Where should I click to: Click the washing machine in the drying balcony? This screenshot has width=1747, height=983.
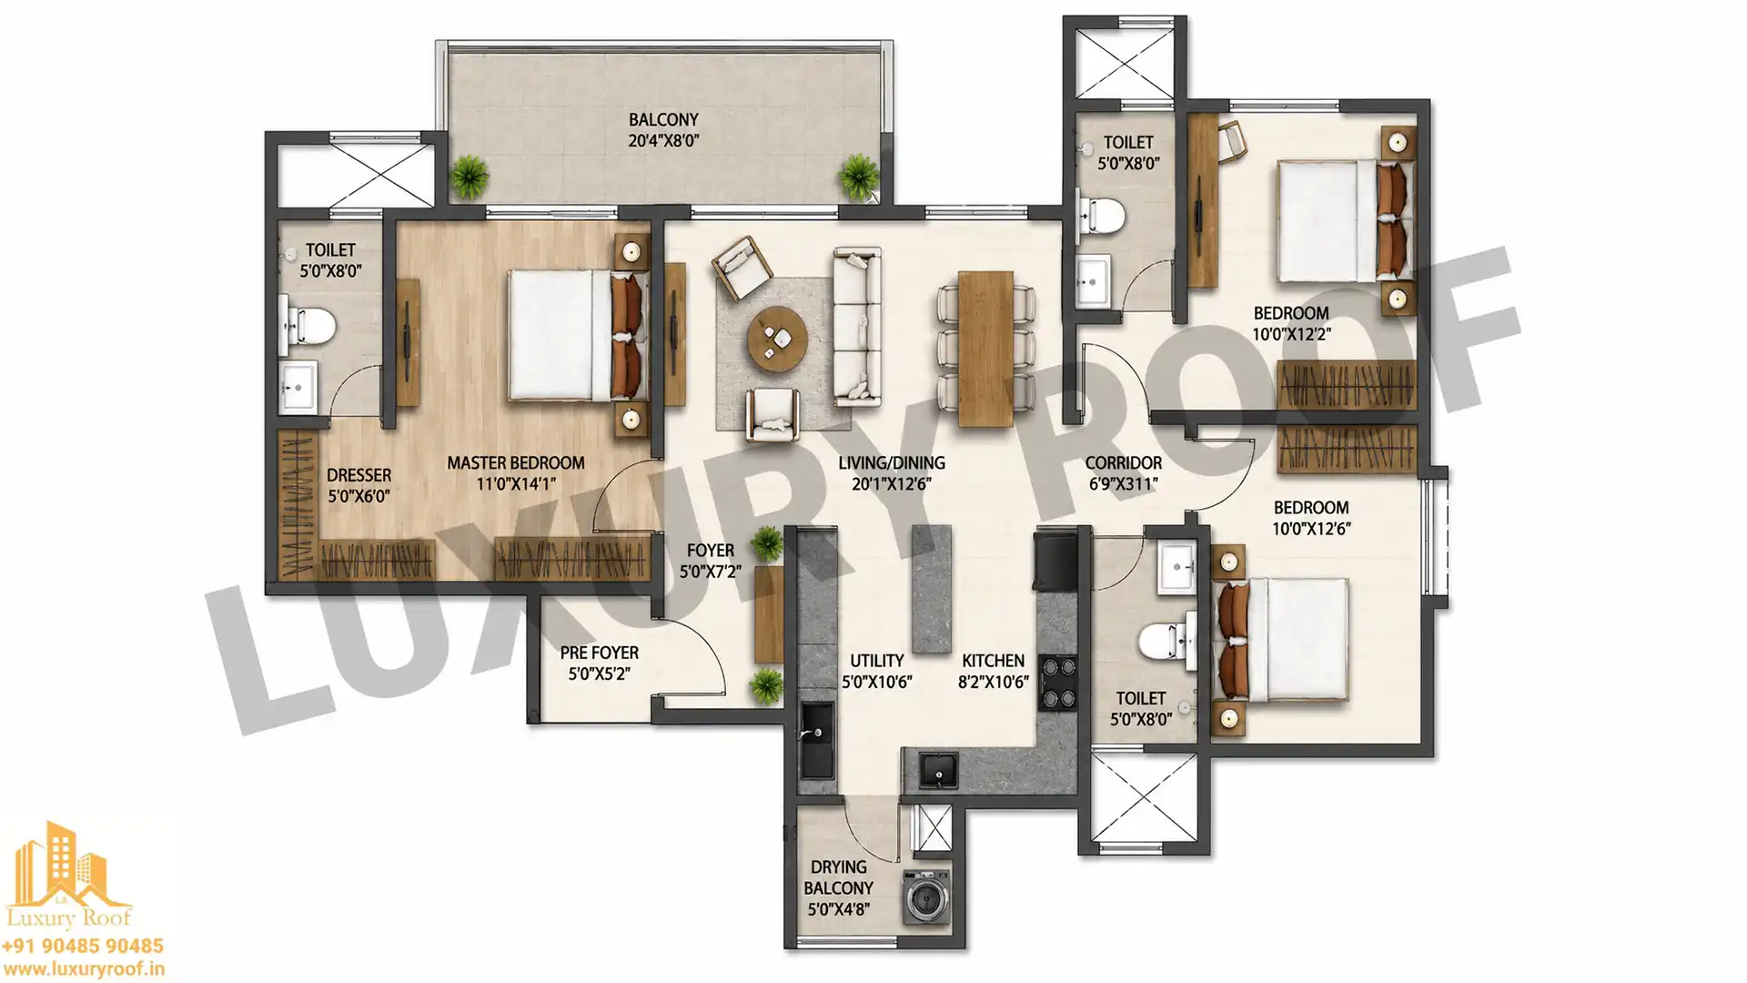coord(926,897)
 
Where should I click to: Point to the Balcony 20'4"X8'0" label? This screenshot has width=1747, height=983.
coord(663,130)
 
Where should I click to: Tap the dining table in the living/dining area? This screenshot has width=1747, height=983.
coord(985,348)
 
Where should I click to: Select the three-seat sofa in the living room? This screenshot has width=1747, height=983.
coord(857,327)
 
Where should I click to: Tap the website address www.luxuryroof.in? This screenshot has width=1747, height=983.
coord(83,970)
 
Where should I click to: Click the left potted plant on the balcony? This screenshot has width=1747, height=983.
coord(470,176)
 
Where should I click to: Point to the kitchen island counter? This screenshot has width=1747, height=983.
coord(931,588)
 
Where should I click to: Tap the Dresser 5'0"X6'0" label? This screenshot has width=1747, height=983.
coord(358,485)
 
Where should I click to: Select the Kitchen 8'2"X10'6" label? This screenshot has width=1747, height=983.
coord(993,671)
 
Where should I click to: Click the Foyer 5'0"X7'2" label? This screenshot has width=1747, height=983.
coord(710,561)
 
